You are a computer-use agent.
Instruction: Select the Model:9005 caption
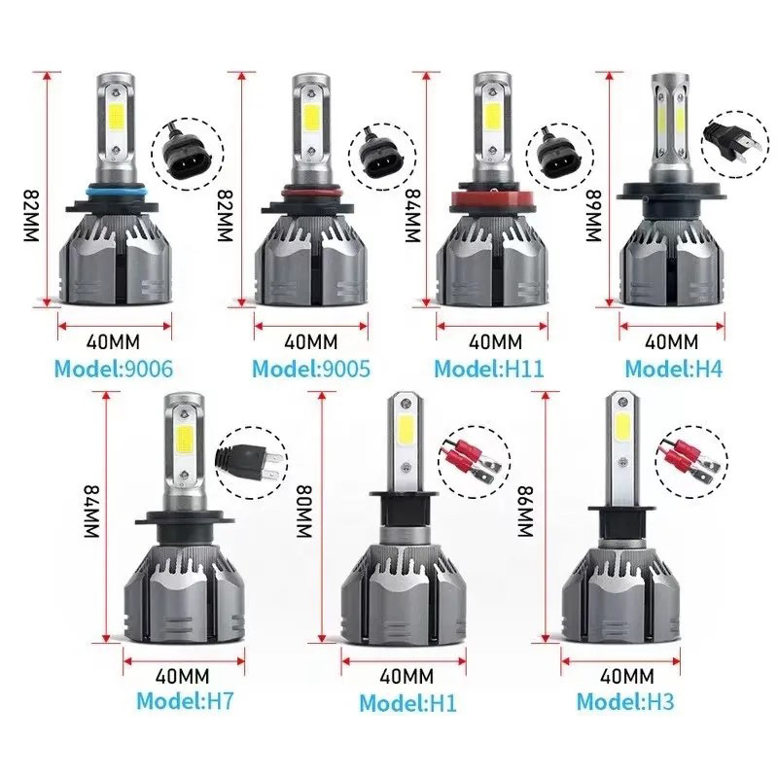(x=312, y=369)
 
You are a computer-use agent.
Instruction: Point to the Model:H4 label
(x=670, y=369)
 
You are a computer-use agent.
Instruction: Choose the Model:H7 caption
(x=185, y=699)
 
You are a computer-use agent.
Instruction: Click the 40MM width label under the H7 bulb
(x=185, y=672)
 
